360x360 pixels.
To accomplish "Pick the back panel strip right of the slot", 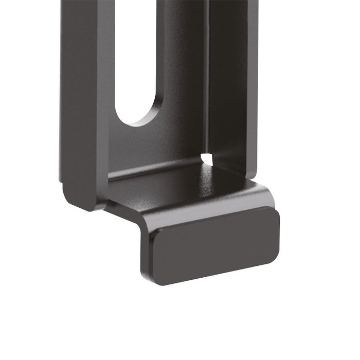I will tap(180, 62).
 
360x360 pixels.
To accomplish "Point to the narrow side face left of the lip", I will tap(146, 252).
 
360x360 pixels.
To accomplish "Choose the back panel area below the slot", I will tap(149, 147).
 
